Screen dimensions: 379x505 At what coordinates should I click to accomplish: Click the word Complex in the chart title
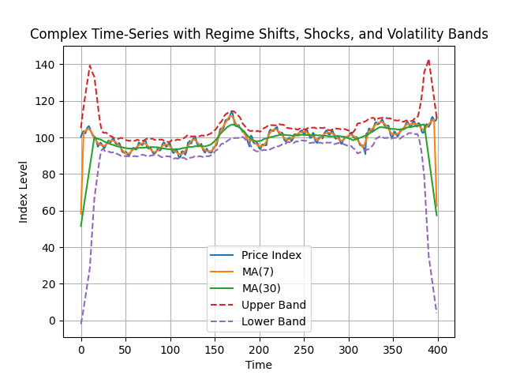pos(55,35)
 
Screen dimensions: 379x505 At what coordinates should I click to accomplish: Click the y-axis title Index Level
pos(24,192)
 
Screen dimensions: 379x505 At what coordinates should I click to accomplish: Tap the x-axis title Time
pos(259,365)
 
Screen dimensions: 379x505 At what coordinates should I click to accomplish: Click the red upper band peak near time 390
pos(428,60)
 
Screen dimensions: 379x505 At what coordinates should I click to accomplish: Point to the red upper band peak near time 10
pos(90,66)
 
